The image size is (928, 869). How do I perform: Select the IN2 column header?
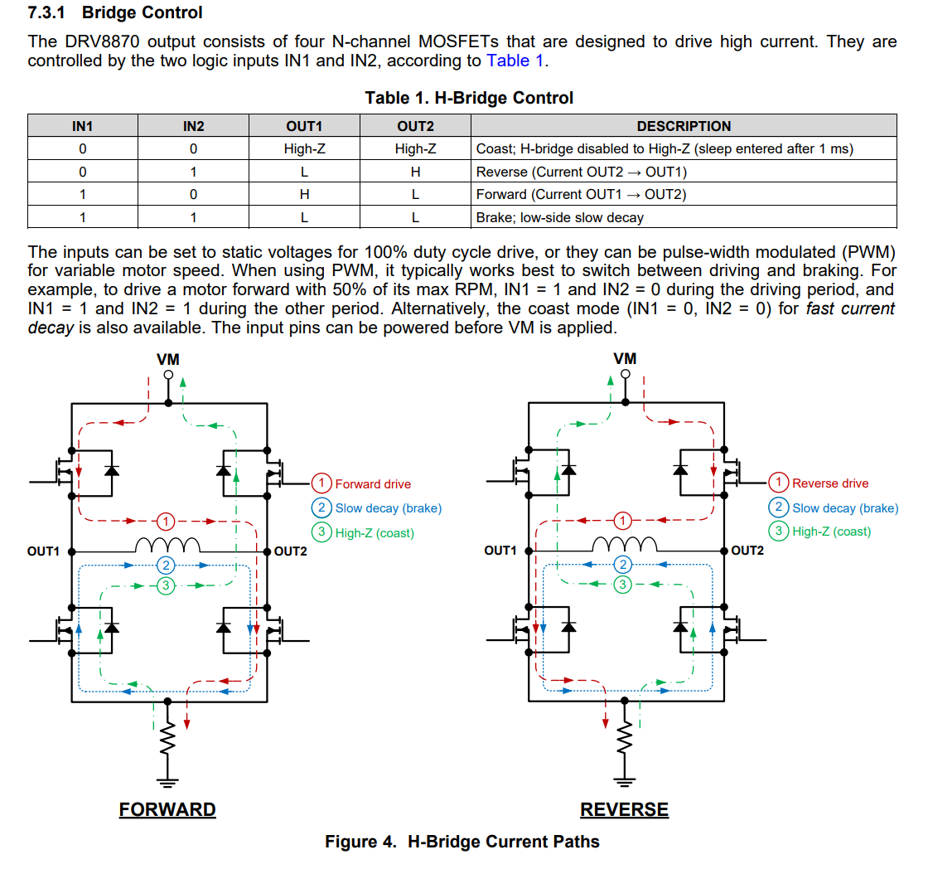193,126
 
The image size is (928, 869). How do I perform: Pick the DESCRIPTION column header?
684,126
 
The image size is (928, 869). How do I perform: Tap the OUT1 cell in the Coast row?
304,149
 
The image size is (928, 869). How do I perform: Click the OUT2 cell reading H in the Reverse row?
415,172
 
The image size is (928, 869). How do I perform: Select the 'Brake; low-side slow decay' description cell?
560,217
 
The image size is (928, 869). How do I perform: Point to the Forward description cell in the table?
581,194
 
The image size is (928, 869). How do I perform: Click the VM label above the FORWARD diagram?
167,359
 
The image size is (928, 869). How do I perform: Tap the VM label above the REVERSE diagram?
625,359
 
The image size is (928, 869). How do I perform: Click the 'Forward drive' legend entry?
372,483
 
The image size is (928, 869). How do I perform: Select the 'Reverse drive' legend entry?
829,483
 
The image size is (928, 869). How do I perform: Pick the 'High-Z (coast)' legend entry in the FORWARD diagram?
374,533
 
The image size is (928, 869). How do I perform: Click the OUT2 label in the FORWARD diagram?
291,551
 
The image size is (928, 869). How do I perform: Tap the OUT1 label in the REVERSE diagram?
500,551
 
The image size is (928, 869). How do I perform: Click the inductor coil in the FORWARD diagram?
167,545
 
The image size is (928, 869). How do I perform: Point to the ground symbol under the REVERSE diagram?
626,779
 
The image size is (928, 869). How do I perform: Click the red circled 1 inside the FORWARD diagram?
167,522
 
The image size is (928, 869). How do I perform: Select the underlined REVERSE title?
624,809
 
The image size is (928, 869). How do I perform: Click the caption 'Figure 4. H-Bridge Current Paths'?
462,842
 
